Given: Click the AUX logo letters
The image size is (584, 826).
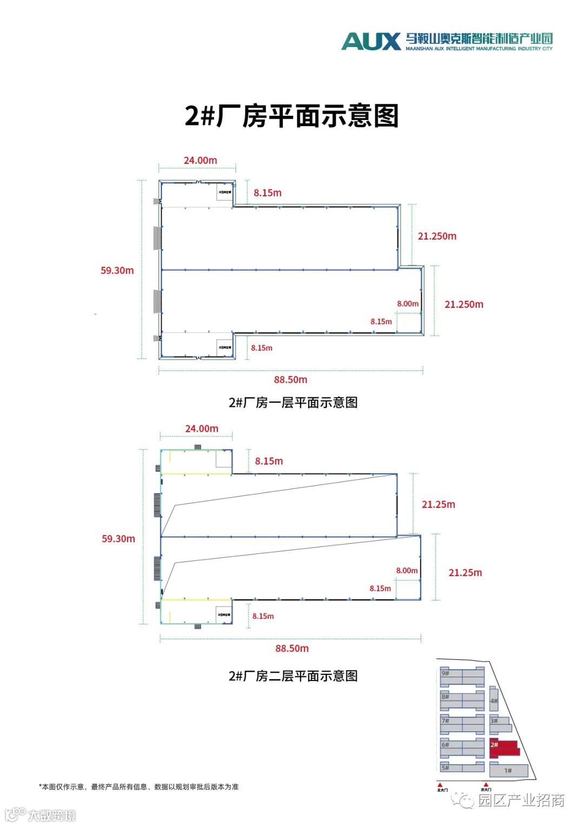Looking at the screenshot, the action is click(371, 41).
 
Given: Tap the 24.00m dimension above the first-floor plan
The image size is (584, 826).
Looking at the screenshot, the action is click(200, 160).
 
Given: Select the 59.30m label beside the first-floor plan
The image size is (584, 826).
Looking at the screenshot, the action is click(117, 270).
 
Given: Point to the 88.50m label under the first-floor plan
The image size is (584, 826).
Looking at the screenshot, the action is click(290, 380).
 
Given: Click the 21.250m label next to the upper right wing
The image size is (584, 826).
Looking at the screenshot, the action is click(437, 236).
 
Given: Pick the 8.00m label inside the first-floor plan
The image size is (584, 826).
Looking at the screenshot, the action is click(408, 304).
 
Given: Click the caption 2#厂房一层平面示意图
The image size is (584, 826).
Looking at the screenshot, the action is click(293, 402).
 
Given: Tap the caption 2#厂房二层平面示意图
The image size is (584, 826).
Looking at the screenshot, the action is click(293, 676).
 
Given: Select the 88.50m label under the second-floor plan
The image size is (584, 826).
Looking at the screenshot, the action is click(292, 648).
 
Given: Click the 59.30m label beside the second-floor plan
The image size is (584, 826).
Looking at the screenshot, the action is click(118, 539).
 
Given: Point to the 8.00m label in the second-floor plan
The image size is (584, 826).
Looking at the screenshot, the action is click(407, 571).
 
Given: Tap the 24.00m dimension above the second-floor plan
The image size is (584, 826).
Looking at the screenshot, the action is click(202, 428).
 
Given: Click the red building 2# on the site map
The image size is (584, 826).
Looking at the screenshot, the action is click(504, 748).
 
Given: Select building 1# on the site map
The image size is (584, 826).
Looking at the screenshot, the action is click(508, 770).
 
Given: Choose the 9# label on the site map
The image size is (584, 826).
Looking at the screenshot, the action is click(446, 673).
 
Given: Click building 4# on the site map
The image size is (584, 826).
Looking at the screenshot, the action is click(493, 701).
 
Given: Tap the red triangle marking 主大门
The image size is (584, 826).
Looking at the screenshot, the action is click(441, 784).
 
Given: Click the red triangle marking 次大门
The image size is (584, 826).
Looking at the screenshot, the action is click(486, 784).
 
